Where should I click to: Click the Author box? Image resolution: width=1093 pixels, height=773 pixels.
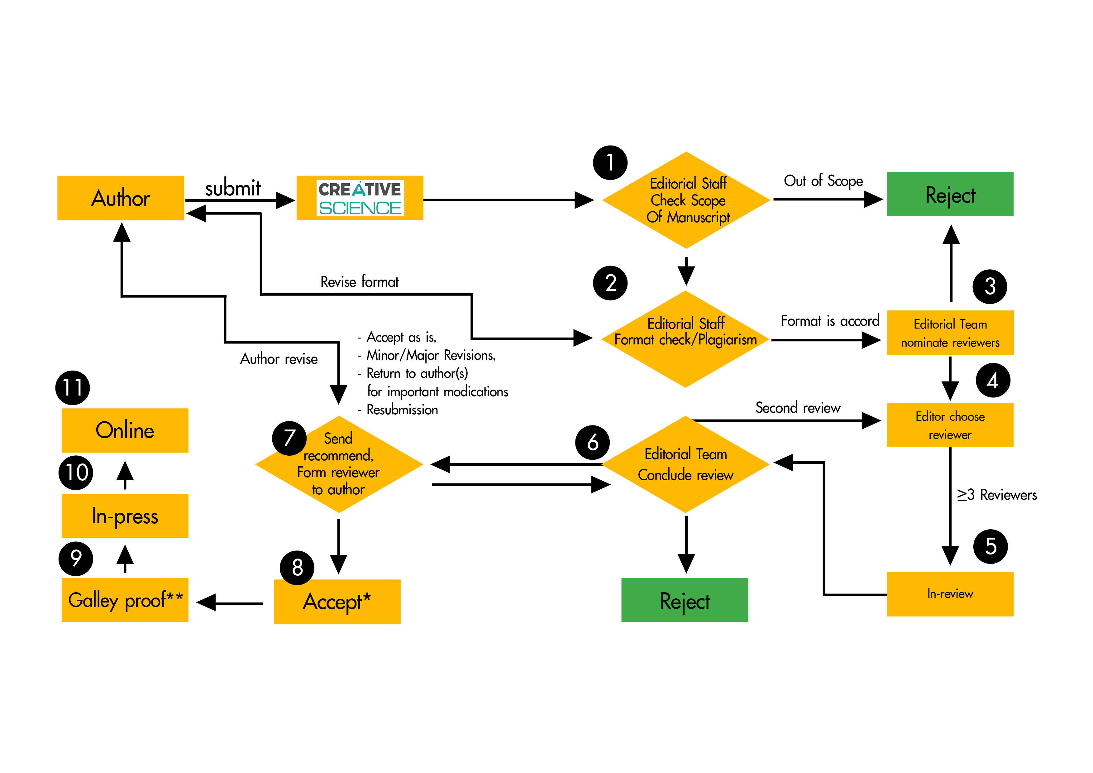[x=121, y=198]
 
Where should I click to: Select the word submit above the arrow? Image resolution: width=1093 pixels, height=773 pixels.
[x=233, y=188]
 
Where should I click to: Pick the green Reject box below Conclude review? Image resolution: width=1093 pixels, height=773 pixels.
[x=685, y=600]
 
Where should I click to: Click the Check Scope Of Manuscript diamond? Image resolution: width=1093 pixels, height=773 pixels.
[x=686, y=200]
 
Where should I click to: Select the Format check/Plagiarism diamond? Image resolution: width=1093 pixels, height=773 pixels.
[x=685, y=339]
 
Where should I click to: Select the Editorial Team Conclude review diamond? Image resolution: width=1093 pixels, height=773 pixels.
[x=685, y=464]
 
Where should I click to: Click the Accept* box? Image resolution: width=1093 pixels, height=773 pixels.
[x=337, y=602]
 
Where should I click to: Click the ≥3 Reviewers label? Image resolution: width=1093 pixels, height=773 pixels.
[x=997, y=495]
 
